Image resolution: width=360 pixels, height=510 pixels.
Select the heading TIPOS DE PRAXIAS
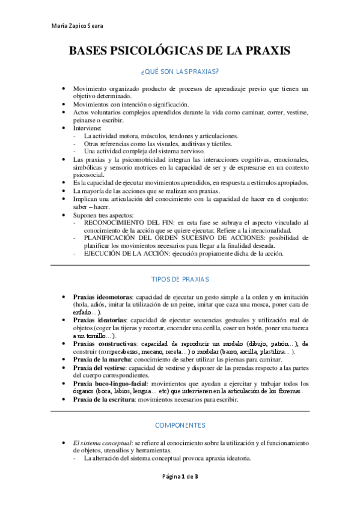coord(180,279)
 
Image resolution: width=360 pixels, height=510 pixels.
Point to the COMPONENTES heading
coord(180,425)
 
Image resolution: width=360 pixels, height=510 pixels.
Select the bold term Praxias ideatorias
coord(100,320)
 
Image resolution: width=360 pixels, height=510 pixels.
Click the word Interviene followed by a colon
coord(88,128)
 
